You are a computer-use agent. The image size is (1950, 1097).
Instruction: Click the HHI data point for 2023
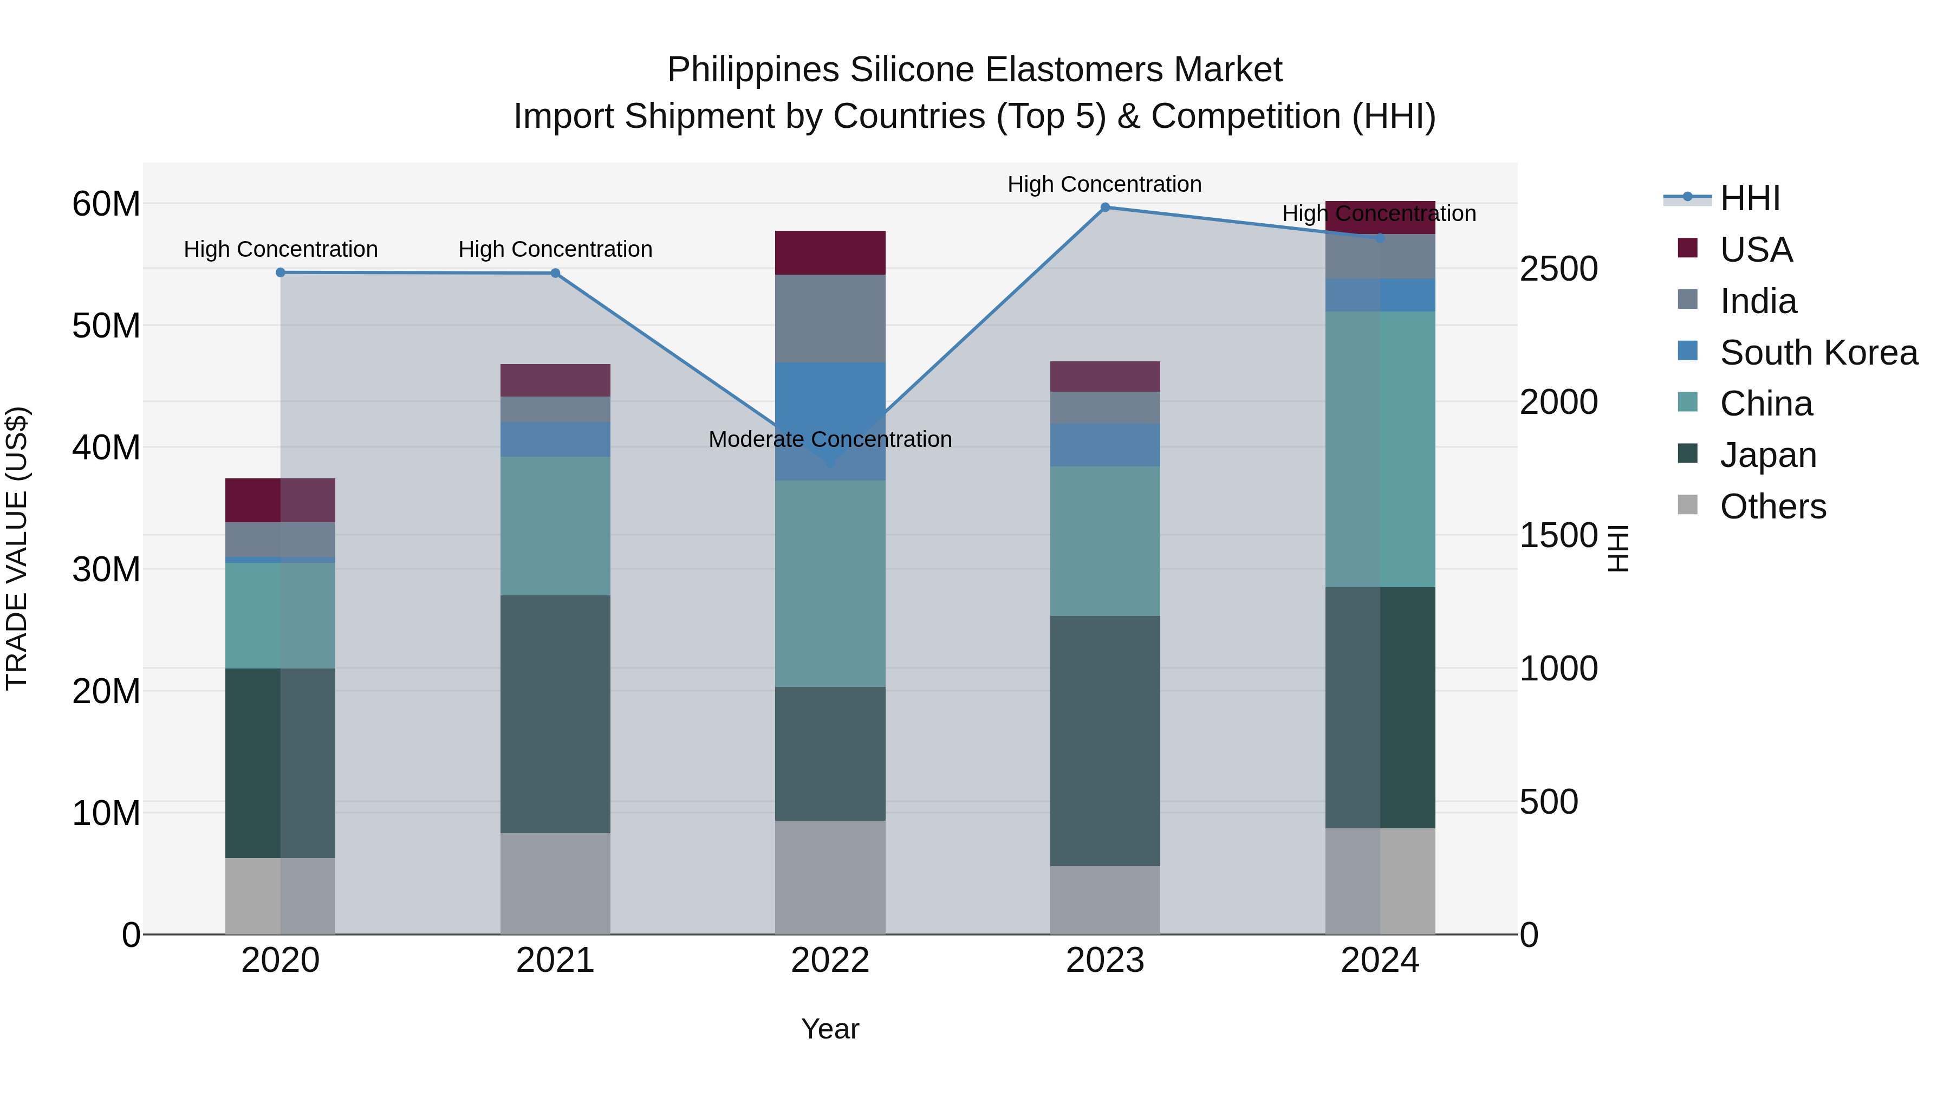pyautogui.click(x=1104, y=207)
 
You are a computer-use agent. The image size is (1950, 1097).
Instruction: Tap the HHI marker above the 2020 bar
pyautogui.click(x=280, y=272)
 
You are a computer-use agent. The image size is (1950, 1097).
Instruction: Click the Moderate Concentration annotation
pyautogui.click(x=830, y=439)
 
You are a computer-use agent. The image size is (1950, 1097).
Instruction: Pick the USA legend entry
pyautogui.click(x=1756, y=250)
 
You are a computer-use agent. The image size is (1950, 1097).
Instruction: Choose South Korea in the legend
pyautogui.click(x=1818, y=353)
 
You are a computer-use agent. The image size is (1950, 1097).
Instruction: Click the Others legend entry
pyautogui.click(x=1772, y=507)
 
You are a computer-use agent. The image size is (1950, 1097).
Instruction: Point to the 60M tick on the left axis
pyautogui.click(x=106, y=204)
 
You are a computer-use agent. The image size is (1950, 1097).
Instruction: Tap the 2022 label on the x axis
pyautogui.click(x=830, y=960)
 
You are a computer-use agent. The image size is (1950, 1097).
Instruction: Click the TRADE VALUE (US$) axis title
pyautogui.click(x=17, y=548)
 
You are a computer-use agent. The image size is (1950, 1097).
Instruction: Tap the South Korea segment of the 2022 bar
pyautogui.click(x=830, y=421)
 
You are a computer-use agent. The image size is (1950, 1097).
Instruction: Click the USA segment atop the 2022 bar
pyautogui.click(x=830, y=253)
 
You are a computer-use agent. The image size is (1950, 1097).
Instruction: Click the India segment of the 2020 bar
pyautogui.click(x=280, y=540)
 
